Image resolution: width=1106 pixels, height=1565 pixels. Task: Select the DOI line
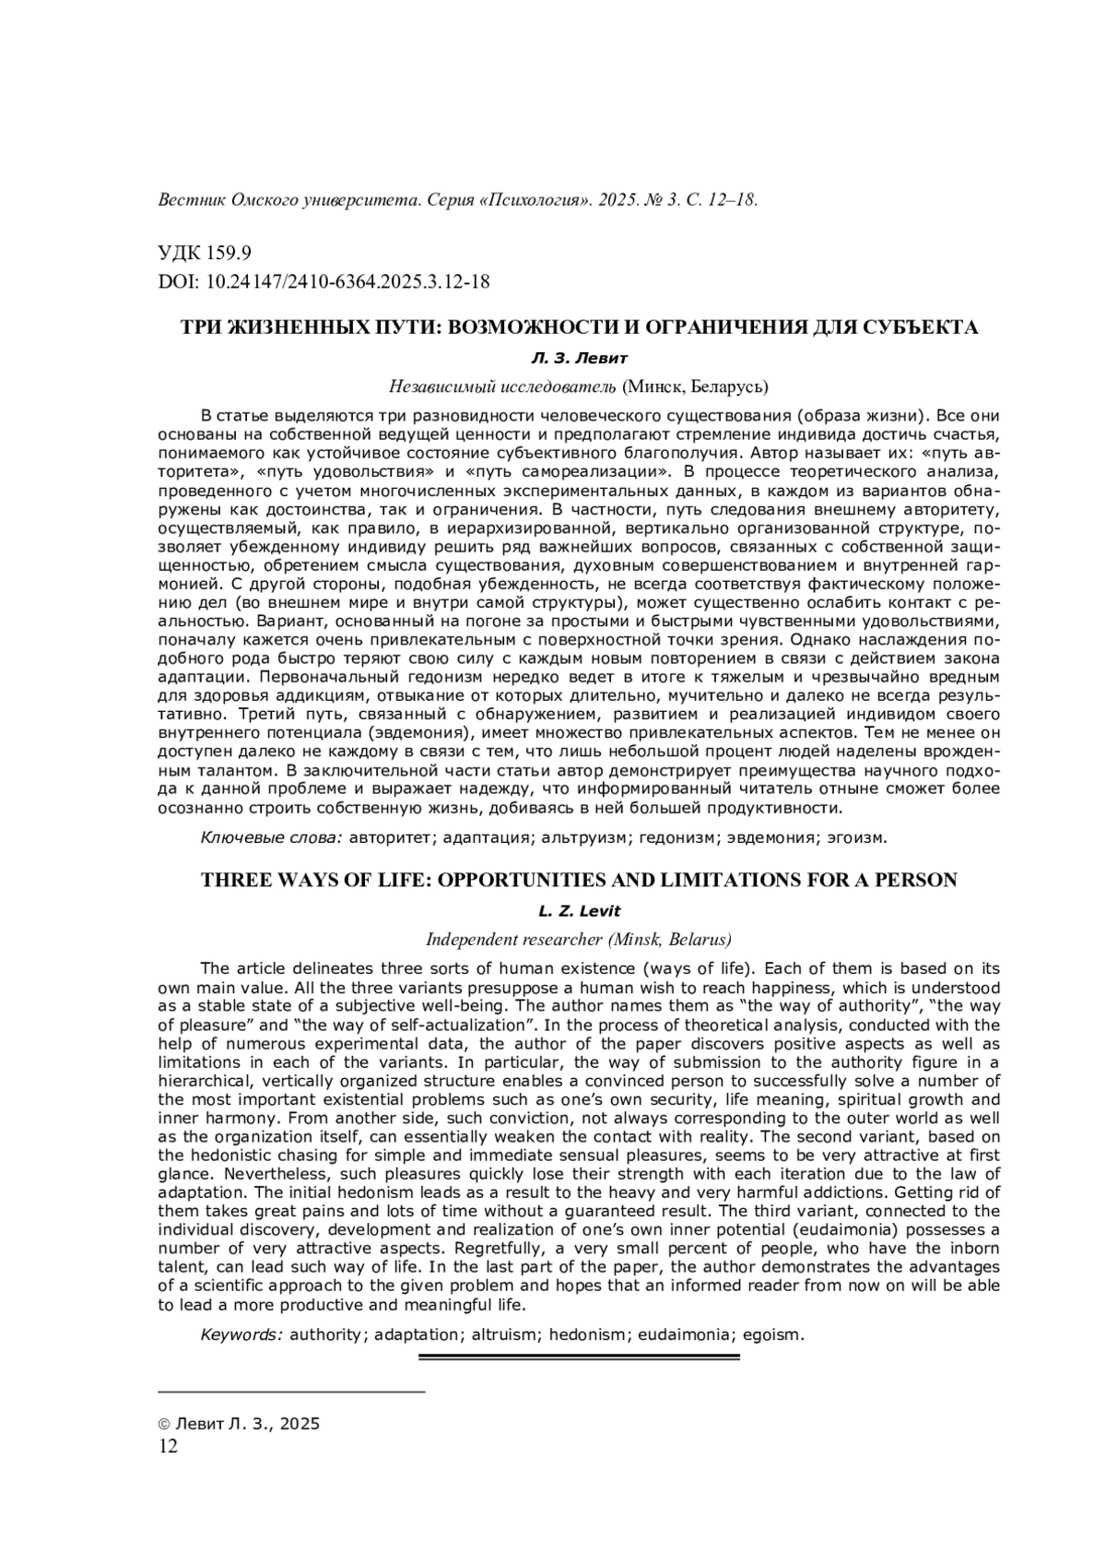click(324, 281)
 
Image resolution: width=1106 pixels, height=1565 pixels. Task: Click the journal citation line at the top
click(458, 200)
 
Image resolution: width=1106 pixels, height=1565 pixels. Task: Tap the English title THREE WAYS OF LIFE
click(578, 880)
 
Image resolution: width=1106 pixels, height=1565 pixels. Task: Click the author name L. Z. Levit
click(579, 911)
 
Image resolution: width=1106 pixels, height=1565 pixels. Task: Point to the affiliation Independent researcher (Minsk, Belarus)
click(578, 939)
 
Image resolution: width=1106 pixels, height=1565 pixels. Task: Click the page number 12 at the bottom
click(168, 1446)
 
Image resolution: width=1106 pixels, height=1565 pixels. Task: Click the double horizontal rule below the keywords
click(579, 1357)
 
